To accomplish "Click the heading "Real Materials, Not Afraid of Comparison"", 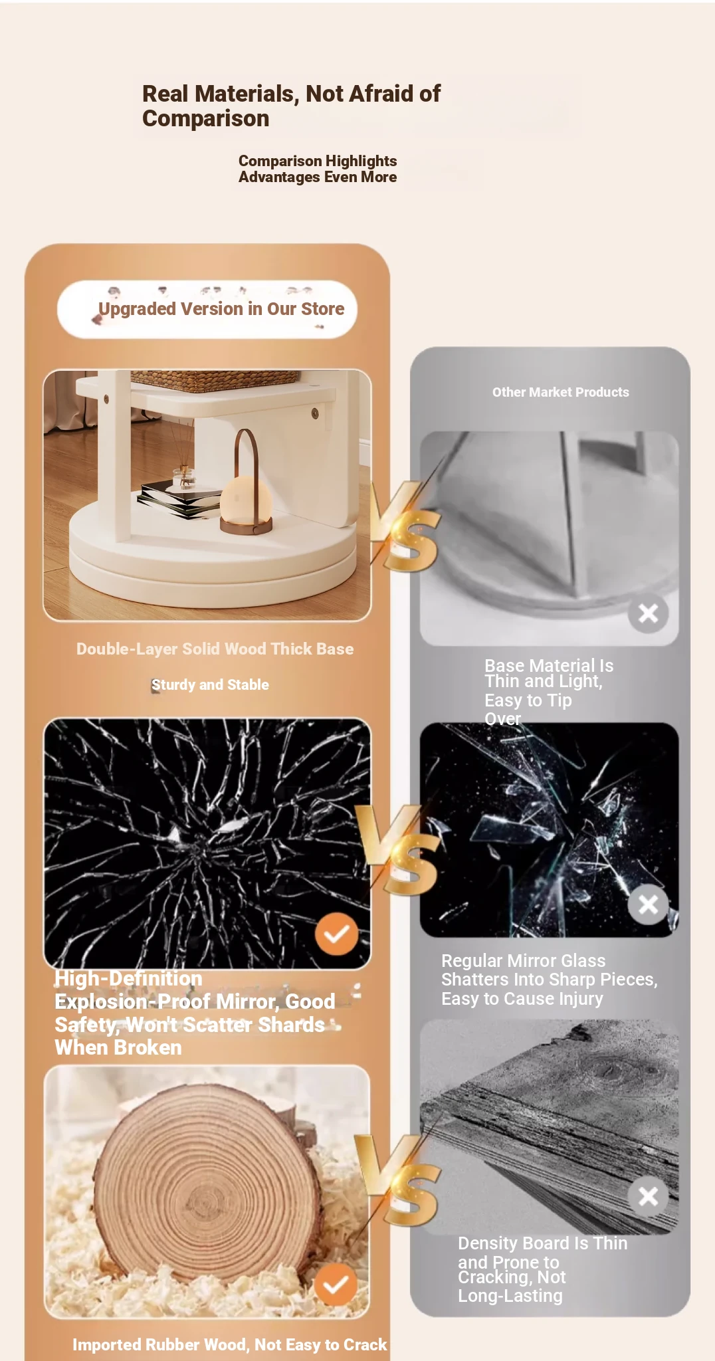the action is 291,106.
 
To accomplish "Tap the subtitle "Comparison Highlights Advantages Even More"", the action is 318,169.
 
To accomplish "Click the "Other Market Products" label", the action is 561,392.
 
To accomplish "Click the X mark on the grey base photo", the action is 648,613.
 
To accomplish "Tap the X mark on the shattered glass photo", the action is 648,904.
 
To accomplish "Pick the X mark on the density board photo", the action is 648,1196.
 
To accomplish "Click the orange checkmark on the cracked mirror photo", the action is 336,934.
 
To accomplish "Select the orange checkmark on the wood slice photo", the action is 336,1285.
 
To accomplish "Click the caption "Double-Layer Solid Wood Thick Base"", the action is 215,649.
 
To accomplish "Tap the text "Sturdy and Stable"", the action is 210,685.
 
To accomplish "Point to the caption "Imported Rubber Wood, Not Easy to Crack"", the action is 229,1345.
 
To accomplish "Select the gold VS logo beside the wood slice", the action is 397,1180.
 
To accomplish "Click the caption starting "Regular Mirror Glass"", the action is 550,980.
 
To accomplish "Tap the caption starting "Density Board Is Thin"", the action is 542,1269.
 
